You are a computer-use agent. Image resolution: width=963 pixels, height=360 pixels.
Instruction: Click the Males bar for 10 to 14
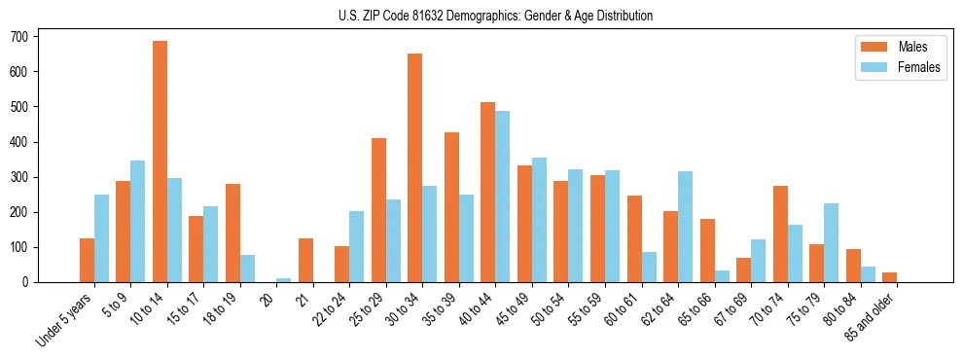(x=160, y=162)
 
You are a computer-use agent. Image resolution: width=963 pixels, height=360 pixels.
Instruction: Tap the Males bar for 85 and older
(x=890, y=277)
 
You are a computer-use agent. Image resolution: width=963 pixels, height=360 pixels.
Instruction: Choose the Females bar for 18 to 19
(x=247, y=269)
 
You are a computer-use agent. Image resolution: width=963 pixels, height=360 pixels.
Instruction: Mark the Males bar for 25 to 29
(x=378, y=210)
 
